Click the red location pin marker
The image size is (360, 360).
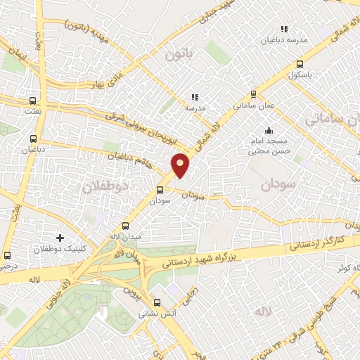[x=180, y=165]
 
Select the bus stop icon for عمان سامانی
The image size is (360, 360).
[x=253, y=94]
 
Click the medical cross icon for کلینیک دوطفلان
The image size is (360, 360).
[x=60, y=238]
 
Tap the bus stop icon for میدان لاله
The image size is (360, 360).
[x=125, y=226]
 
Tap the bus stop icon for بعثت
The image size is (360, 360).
[x=33, y=101]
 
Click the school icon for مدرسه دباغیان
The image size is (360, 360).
[x=284, y=29]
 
